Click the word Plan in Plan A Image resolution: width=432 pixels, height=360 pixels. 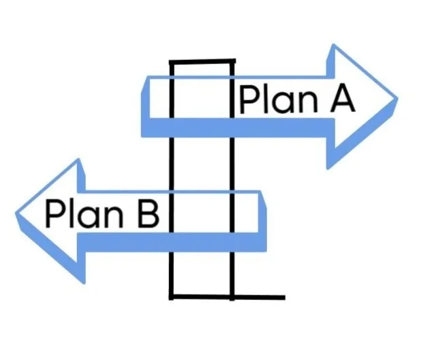pyautogui.click(x=279, y=100)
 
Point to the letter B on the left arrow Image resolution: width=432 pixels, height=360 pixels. pyautogui.click(x=149, y=215)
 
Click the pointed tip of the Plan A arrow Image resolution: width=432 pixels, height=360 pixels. pyautogui.click(x=397, y=98)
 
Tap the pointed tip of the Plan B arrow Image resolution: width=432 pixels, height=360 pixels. pyautogui.click(x=16, y=213)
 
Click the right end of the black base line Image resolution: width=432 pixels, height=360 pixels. pyautogui.click(x=284, y=297)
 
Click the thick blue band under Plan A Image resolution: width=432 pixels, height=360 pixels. pyautogui.click(x=238, y=127)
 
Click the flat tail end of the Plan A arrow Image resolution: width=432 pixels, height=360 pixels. pyautogui.click(x=145, y=106)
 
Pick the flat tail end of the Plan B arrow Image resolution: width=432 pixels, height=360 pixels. pyautogui.click(x=262, y=220)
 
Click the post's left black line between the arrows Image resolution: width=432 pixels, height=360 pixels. pyautogui.click(x=171, y=164)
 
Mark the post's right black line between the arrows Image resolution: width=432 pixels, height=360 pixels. pyautogui.click(x=232, y=164)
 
